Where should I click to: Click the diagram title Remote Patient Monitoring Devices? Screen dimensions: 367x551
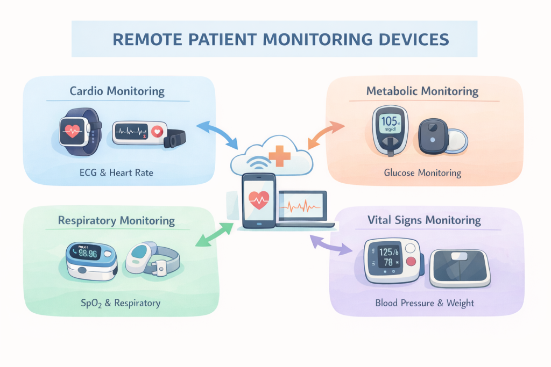pos(274,39)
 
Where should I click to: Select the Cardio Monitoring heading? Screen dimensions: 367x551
pos(117,90)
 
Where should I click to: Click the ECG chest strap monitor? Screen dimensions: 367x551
pos(148,133)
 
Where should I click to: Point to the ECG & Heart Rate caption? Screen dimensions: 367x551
pos(118,172)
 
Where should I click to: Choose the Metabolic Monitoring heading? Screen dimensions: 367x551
pos(422,91)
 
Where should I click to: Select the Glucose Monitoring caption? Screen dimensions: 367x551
pos(422,172)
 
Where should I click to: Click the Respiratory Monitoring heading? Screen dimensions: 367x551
pos(116,220)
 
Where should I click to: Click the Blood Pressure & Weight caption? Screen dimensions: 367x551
pos(425,303)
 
